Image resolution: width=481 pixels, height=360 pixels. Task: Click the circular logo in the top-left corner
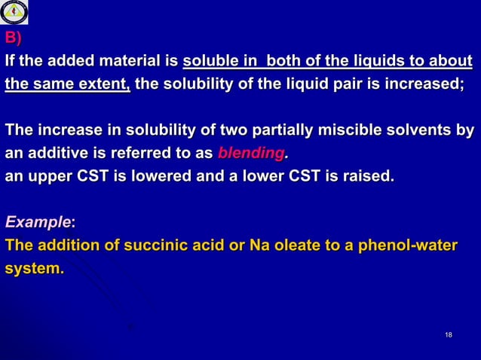coord(14,13)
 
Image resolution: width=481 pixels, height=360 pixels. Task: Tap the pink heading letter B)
coord(14,37)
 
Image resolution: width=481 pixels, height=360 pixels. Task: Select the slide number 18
coord(449,334)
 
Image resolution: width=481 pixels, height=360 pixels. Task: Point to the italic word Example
coord(37,223)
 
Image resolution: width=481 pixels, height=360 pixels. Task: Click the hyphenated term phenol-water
coord(407,246)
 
